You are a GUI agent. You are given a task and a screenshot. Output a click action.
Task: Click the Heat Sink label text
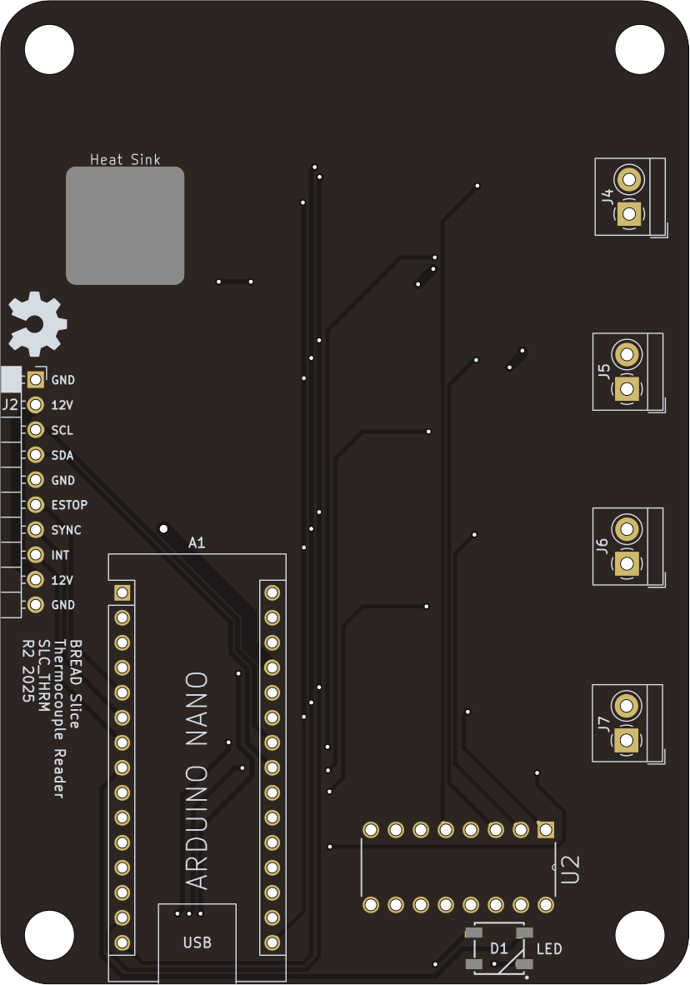click(x=125, y=159)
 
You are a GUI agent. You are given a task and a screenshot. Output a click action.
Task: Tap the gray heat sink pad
click(x=125, y=225)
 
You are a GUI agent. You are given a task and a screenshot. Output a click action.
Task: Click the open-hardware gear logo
click(x=37, y=322)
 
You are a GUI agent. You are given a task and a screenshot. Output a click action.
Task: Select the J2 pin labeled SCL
click(x=36, y=430)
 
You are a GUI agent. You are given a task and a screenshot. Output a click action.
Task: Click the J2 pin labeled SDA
click(x=36, y=455)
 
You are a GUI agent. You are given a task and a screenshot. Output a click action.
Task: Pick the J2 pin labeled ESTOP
click(x=36, y=505)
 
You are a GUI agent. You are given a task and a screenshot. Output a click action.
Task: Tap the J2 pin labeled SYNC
click(x=36, y=530)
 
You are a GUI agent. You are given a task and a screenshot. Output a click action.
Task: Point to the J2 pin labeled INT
click(x=36, y=554)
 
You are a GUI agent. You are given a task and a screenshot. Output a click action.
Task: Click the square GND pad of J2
click(x=36, y=380)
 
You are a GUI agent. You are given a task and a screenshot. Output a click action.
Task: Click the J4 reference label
click(x=607, y=197)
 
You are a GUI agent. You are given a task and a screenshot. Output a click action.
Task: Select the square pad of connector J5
click(x=627, y=388)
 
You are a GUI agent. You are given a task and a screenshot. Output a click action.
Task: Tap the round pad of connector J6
click(x=627, y=528)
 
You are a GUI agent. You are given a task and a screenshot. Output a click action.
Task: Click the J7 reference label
click(x=603, y=723)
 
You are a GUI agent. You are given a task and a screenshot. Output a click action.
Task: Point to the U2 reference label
click(x=571, y=869)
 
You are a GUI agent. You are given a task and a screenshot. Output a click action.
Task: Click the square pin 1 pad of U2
click(x=546, y=830)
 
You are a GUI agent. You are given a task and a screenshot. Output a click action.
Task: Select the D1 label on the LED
click(x=498, y=948)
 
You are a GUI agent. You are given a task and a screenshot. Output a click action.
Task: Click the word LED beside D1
click(x=549, y=948)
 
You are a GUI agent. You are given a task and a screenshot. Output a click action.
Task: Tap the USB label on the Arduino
click(x=197, y=942)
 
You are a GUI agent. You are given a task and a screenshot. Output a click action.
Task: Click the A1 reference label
click(x=197, y=543)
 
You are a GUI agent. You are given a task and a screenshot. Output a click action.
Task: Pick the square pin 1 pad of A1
click(x=122, y=593)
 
